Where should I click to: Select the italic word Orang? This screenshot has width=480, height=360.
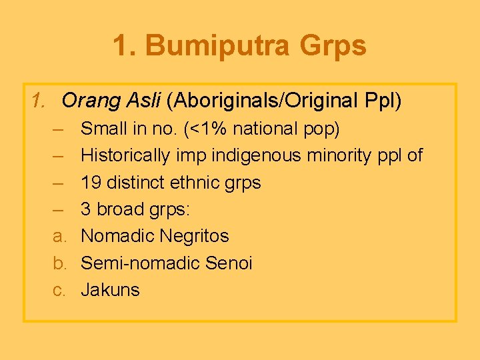coord(88,101)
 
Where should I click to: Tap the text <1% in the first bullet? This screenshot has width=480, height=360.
coord(199,128)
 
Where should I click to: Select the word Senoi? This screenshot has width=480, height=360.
coord(229,263)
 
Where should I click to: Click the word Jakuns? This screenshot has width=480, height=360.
coord(110,290)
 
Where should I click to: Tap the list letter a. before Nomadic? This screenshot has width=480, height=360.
coord(58,236)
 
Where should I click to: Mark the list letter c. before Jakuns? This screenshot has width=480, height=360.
coord(58,290)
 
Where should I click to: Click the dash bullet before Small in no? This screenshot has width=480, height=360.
coord(58,128)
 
